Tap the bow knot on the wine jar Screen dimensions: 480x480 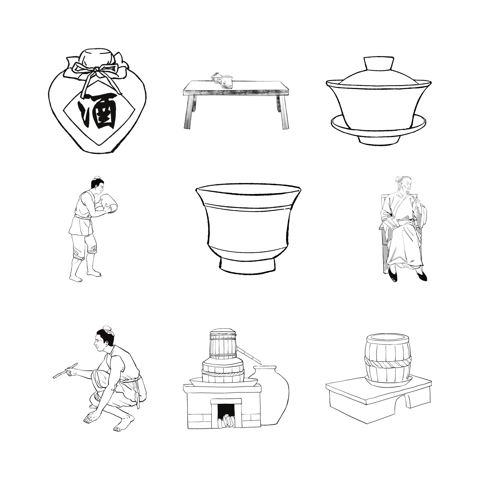point(95,71)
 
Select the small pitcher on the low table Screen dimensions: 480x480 point(227,82)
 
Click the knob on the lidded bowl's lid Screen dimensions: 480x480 point(379,63)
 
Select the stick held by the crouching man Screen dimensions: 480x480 point(65,370)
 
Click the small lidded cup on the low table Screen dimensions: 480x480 point(215,77)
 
